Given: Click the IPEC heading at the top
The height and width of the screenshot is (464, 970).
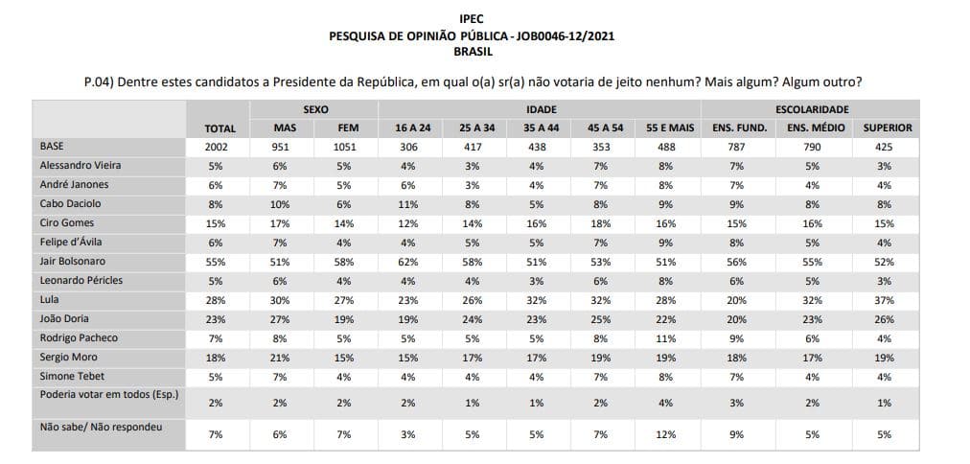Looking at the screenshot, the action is [x=473, y=18].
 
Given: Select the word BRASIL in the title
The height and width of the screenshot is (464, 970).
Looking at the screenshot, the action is [x=473, y=52].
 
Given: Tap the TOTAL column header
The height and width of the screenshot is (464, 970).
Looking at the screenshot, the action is [x=220, y=128].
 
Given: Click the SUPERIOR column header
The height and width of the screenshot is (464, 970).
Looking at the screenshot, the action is [x=888, y=128].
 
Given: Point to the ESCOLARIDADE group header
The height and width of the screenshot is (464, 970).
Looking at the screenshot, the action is [x=812, y=109].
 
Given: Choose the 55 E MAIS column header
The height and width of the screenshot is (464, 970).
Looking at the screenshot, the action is [x=668, y=128].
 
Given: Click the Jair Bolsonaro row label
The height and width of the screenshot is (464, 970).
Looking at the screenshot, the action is [x=73, y=261].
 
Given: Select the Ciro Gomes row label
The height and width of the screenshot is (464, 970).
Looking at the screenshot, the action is [x=67, y=222].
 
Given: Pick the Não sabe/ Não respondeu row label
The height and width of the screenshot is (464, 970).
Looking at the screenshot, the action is [x=101, y=427].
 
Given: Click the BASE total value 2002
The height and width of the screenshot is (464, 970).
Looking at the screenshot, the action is [x=220, y=148].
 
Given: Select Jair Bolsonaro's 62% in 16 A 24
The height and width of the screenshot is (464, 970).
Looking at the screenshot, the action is [x=409, y=262].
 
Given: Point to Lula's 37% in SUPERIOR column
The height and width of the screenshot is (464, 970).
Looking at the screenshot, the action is [x=886, y=300].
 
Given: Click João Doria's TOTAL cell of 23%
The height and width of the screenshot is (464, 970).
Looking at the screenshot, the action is [x=217, y=319].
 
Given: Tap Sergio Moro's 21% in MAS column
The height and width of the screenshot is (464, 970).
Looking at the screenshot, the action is [x=280, y=358].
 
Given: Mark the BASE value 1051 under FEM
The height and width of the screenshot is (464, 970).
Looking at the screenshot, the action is [x=344, y=148].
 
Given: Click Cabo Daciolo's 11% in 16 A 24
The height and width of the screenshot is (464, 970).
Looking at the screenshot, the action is [x=409, y=204].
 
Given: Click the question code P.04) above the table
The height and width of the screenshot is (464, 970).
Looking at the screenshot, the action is [x=97, y=82].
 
